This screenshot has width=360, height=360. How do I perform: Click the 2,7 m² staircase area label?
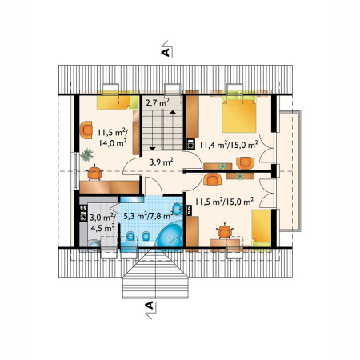tap(158, 102)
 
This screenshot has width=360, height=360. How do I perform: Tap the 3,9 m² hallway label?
tap(162, 162)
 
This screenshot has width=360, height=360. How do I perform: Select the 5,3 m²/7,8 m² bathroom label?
tap(148, 215)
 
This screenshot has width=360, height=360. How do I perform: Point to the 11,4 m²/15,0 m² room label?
tap(229, 145)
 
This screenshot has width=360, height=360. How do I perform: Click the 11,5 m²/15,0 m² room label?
tap(224, 202)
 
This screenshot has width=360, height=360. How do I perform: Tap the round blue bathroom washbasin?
tap(177, 209)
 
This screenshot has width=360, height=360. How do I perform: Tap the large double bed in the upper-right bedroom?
tap(239, 115)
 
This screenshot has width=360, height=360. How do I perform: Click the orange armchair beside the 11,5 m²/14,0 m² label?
tap(86, 130)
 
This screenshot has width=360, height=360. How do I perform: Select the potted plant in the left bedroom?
tap(86, 155)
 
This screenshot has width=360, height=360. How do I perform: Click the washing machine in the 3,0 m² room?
tap(94, 246)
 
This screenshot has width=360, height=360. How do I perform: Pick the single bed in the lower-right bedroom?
tap(262, 229)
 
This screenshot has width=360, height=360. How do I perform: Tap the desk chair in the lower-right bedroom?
tap(225, 231)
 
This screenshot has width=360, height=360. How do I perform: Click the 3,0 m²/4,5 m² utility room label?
tap(102, 222)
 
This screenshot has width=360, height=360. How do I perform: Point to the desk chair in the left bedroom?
tap(94, 173)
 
